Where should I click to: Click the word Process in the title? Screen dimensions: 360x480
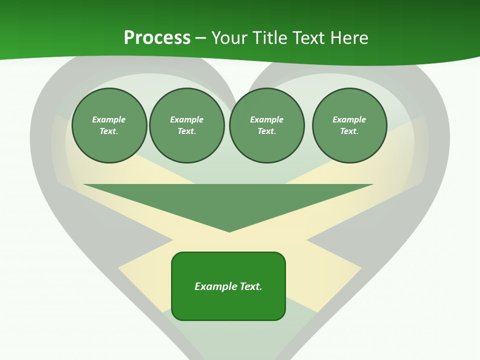point(157,38)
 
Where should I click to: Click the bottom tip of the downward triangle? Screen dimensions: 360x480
point(229,230)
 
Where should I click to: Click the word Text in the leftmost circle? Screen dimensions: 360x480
point(108,131)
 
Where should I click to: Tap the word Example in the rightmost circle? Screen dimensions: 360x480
point(349,119)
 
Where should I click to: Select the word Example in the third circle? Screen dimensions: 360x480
point(266,119)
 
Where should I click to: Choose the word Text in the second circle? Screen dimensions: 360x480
point(186,131)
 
